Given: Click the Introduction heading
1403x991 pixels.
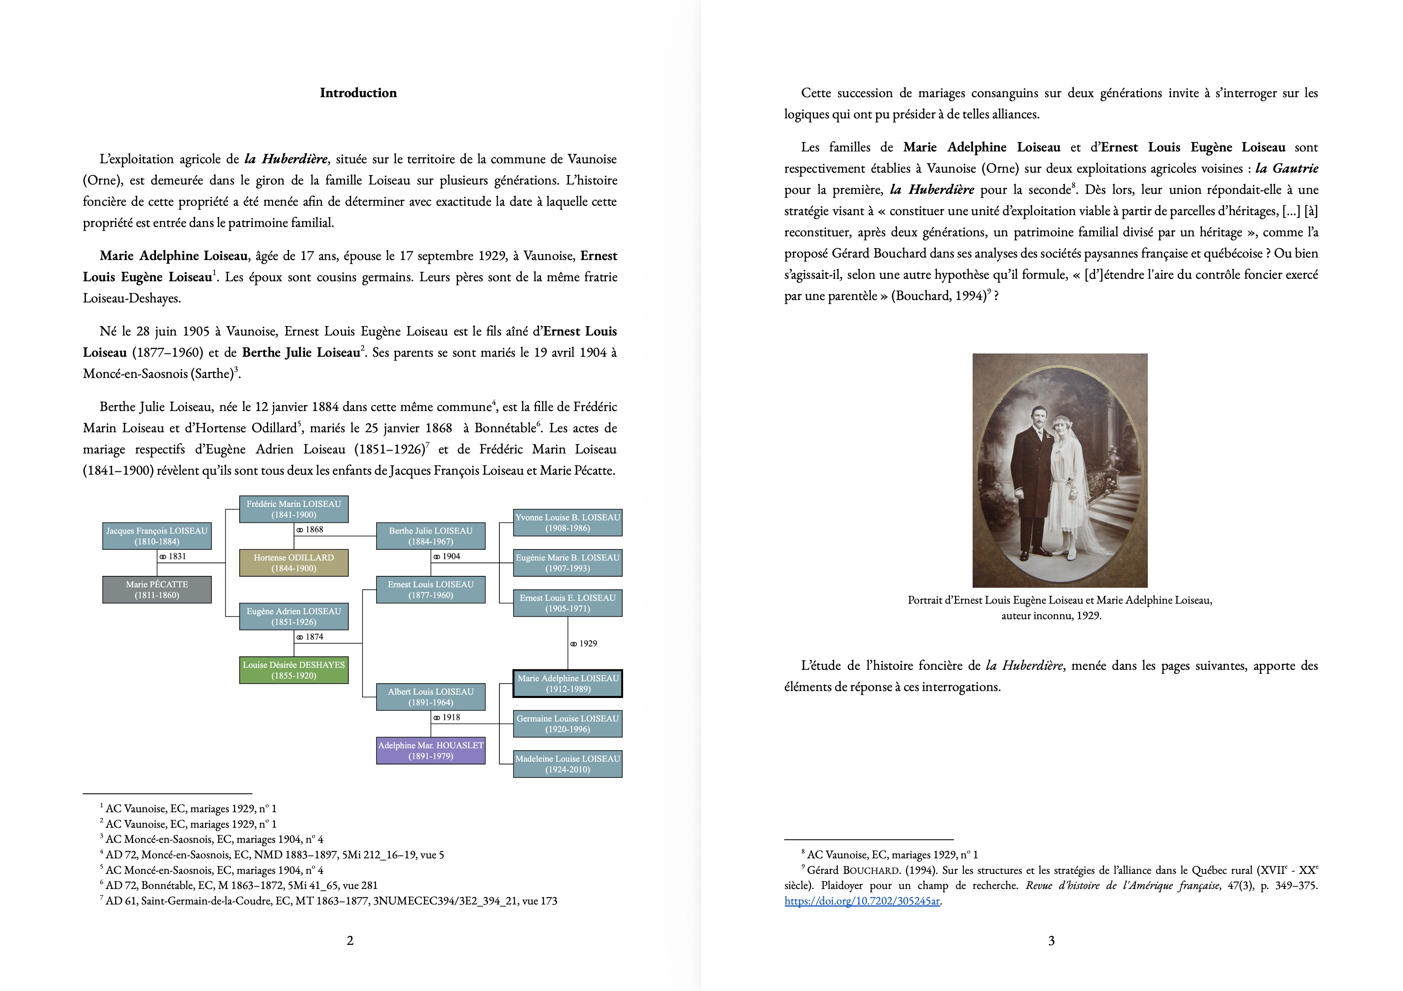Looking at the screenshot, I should (358, 93).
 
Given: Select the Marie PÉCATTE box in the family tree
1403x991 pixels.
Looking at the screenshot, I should (157, 590).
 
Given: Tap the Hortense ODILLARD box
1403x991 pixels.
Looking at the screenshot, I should (294, 563).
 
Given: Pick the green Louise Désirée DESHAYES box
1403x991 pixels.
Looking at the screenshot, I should (294, 670).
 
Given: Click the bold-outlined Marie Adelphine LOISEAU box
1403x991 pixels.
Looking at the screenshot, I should (568, 684).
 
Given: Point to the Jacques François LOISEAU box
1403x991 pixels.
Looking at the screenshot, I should (157, 536).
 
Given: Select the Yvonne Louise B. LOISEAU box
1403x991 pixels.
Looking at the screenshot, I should (568, 522).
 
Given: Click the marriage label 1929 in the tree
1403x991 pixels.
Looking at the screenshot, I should (584, 643).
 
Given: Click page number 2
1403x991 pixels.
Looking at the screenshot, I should (350, 941).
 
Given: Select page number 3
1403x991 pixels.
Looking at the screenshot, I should (1052, 941).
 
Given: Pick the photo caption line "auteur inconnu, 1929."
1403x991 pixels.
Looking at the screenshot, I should (1051, 616).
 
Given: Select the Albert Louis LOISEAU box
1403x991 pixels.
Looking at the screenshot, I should (431, 696).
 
